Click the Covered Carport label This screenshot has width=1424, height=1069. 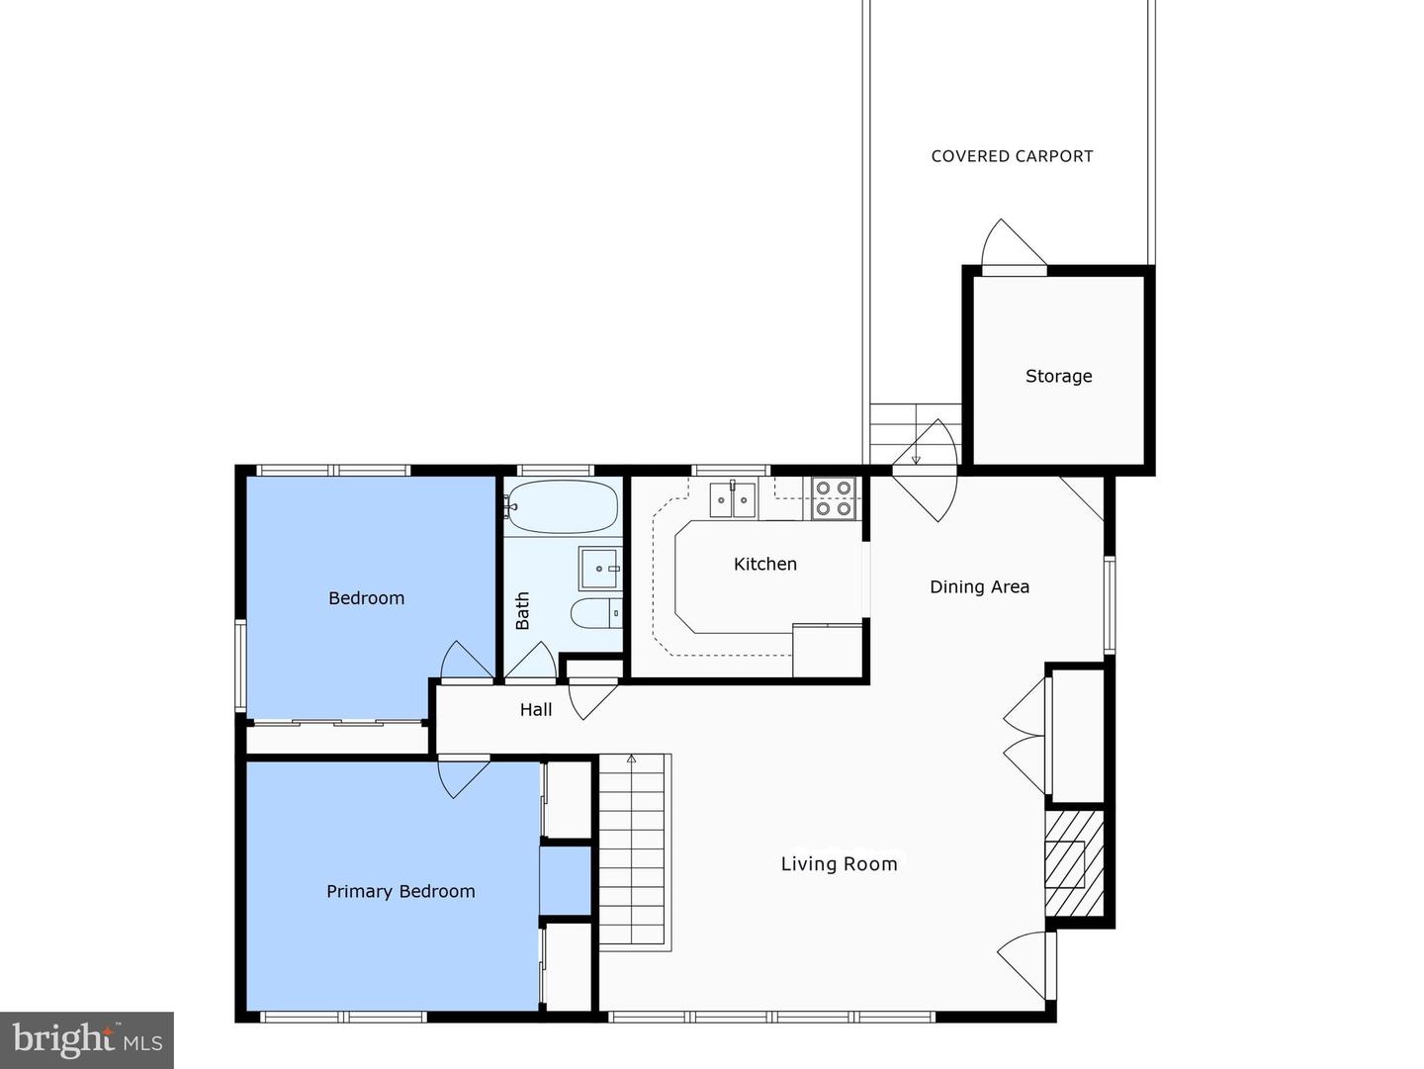pos(1012,156)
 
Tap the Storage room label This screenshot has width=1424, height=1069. pos(1058,376)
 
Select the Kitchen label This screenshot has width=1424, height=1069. pos(764,564)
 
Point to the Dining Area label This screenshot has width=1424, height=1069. pos(979,586)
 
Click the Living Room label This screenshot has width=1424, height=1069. pos(839,864)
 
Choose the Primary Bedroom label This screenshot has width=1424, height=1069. pos(400,891)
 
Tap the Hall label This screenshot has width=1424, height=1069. pos(536,709)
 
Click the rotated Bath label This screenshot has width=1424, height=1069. pos(522,610)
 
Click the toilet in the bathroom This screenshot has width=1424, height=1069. pos(596,613)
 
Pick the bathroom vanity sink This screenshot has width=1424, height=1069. pos(599,569)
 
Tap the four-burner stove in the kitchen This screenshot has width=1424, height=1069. pos(833,498)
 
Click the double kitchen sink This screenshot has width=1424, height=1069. pos(733,500)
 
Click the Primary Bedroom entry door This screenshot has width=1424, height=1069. pos(463,776)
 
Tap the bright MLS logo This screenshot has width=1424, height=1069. pos(87,1039)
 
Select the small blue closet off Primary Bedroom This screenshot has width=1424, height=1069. pos(566,880)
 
